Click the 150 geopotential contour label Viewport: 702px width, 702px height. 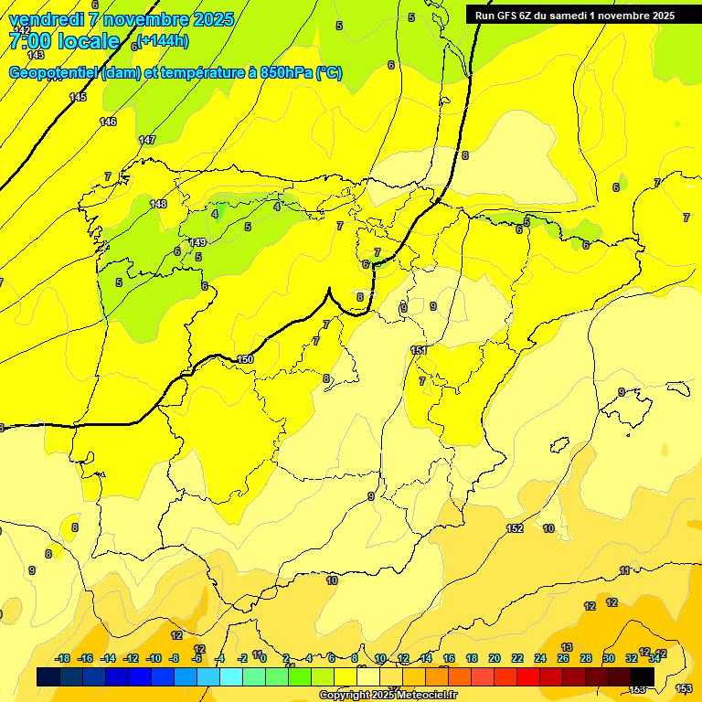[x=244, y=359]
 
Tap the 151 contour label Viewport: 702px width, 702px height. [x=419, y=350]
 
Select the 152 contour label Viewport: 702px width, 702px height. [x=515, y=528]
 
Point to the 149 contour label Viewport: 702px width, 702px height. [x=197, y=242]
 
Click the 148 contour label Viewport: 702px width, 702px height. [x=158, y=204]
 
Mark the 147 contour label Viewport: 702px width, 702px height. [x=147, y=140]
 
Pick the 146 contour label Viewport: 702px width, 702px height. [x=108, y=122]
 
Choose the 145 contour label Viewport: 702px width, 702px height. [x=78, y=97]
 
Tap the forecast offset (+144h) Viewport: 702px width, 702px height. [x=164, y=40]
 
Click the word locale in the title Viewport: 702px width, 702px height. [x=88, y=41]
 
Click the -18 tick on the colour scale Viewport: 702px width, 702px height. [x=63, y=658]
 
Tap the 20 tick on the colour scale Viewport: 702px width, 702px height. [x=495, y=658]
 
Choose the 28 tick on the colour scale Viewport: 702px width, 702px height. [x=586, y=658]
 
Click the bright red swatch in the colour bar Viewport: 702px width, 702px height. [x=528, y=676]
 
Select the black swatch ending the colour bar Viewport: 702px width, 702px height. [x=643, y=676]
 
